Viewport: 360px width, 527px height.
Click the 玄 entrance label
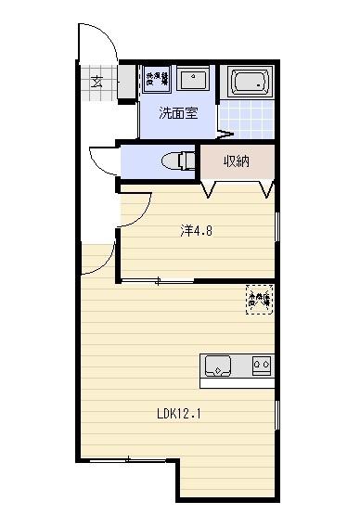(96, 80)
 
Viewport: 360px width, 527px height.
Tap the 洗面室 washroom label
(177, 115)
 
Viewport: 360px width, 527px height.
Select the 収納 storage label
(237, 161)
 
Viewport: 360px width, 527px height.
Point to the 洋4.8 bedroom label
(196, 231)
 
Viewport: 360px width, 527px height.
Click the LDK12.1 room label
(179, 414)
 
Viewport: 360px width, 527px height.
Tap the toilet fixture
(177, 161)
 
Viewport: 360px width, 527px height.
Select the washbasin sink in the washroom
(193, 80)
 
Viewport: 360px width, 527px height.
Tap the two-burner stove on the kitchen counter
(263, 366)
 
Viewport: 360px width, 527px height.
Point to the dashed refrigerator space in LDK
(258, 299)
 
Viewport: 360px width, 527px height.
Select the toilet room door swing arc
(102, 158)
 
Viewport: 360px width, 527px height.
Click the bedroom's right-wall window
(277, 231)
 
